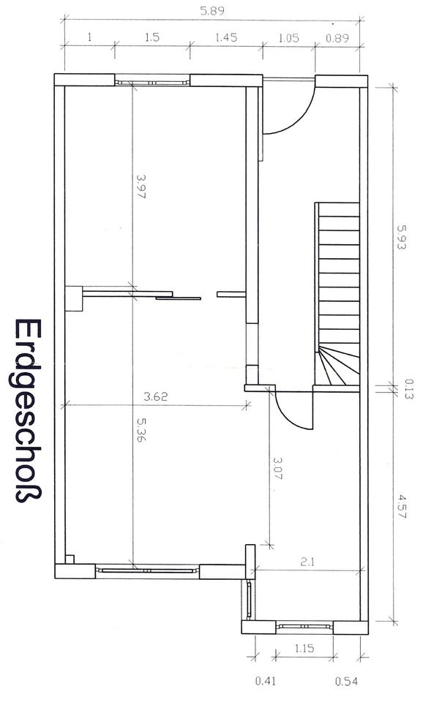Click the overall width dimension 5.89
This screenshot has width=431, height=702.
tap(212, 11)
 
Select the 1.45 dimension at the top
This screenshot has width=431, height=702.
tap(226, 37)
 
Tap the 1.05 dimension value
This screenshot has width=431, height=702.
tap(288, 37)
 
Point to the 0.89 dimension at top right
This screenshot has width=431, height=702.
tap(337, 38)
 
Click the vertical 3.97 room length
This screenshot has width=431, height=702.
tap(141, 186)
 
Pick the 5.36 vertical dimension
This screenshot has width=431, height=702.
tap(141, 429)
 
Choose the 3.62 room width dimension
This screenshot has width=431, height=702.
tap(155, 396)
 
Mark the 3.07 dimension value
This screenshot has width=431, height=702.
tap(278, 468)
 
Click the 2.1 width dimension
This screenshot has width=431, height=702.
tap(307, 562)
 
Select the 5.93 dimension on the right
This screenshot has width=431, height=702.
tap(402, 237)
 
